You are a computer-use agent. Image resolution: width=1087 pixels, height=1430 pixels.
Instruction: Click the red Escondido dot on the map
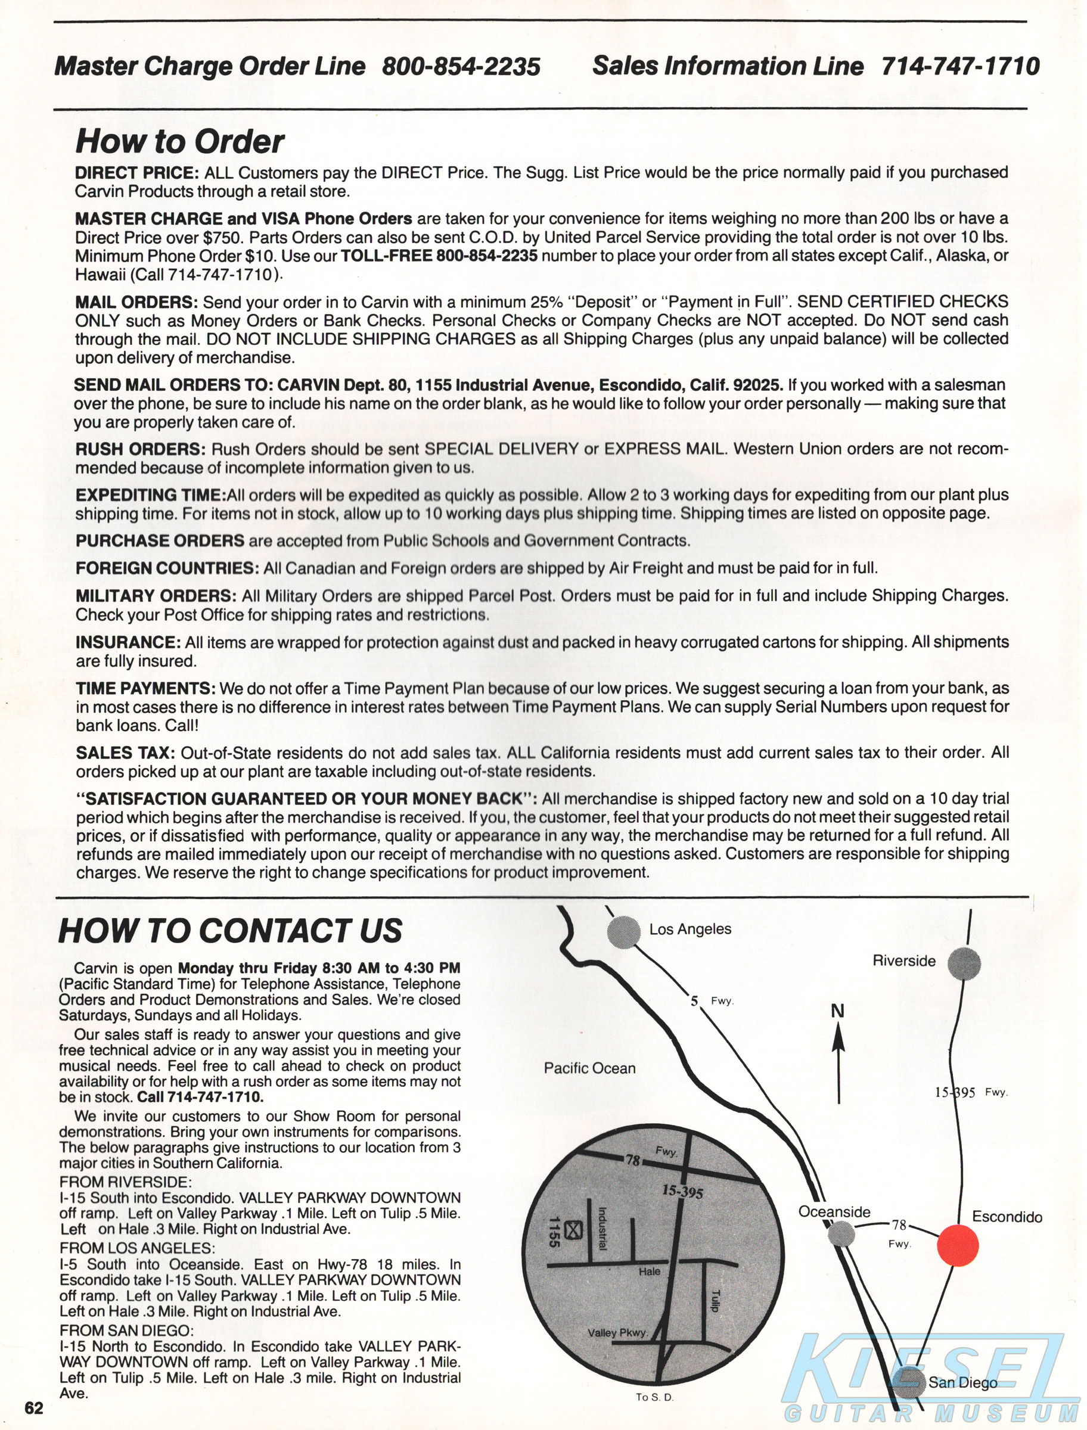[x=958, y=1245]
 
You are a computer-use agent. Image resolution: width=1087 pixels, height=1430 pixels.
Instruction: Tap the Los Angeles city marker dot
[x=624, y=932]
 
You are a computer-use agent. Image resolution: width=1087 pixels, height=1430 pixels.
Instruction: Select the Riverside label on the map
[x=904, y=961]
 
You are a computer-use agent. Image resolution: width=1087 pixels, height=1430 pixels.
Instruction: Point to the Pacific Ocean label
[x=589, y=1068]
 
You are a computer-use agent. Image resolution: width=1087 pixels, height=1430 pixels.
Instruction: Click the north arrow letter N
[x=838, y=1011]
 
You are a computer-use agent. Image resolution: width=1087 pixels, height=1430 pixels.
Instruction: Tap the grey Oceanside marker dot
[x=841, y=1233]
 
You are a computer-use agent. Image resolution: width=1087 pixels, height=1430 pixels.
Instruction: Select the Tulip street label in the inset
[x=715, y=1300]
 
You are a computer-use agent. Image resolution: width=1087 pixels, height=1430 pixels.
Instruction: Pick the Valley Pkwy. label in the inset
[x=617, y=1332]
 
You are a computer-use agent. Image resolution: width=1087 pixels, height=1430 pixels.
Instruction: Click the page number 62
[x=33, y=1408]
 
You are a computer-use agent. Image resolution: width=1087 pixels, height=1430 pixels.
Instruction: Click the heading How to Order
[x=180, y=142]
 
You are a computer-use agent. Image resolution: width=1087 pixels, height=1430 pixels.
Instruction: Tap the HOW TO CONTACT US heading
[x=231, y=931]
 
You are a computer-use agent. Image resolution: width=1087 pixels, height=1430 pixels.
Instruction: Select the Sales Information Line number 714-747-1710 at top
[x=960, y=66]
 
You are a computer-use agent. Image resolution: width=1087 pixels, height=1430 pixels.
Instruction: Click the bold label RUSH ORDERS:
[x=141, y=449]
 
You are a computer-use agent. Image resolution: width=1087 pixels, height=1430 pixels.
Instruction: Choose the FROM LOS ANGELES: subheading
[x=137, y=1248]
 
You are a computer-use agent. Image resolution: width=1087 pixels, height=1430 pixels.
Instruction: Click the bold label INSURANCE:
[x=128, y=642]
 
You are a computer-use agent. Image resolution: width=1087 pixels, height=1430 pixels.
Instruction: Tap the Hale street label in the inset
[x=650, y=1272]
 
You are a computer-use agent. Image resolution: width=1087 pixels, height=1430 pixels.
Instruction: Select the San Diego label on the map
[x=963, y=1383]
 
